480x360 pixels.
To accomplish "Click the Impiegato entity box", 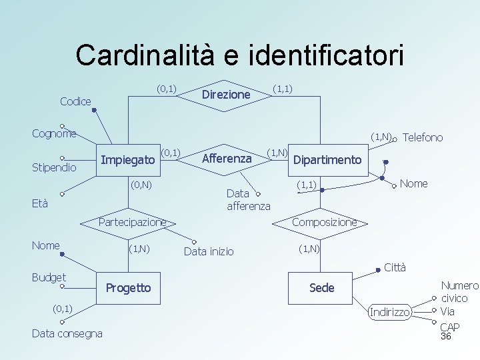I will coord(128,159).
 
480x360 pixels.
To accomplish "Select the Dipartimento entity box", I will coord(327,160).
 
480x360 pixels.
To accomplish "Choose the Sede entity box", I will coord(321,287).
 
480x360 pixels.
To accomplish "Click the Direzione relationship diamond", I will coord(225,95).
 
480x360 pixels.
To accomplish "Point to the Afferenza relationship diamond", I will coord(226,159).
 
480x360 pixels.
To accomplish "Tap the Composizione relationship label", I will coord(324,222).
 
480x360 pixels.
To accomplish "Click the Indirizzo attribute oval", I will coord(390,312).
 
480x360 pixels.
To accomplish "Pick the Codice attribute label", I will coord(75,101).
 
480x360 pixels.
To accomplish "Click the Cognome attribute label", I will coord(54,133).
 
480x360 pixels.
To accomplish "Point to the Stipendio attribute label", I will coord(54,167).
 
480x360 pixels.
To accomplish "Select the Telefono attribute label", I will coord(423,137).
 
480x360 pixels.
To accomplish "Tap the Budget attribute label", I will coord(49,277).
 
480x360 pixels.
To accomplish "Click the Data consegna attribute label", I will coord(67,333).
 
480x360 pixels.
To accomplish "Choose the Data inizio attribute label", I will coord(209,251).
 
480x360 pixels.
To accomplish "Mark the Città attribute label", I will coord(395,268).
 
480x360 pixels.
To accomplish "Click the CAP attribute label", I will coord(449,327).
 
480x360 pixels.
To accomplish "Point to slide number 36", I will coord(446,337).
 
